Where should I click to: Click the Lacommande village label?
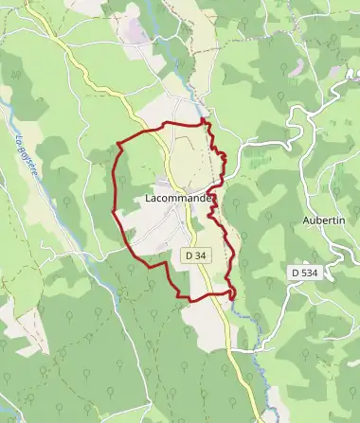(x=178, y=199)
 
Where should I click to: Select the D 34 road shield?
(x=195, y=256)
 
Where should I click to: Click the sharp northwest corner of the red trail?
(x=117, y=144)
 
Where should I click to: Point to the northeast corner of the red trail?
(x=206, y=122)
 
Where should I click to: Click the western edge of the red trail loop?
(x=114, y=189)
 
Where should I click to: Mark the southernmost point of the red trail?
(x=194, y=301)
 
